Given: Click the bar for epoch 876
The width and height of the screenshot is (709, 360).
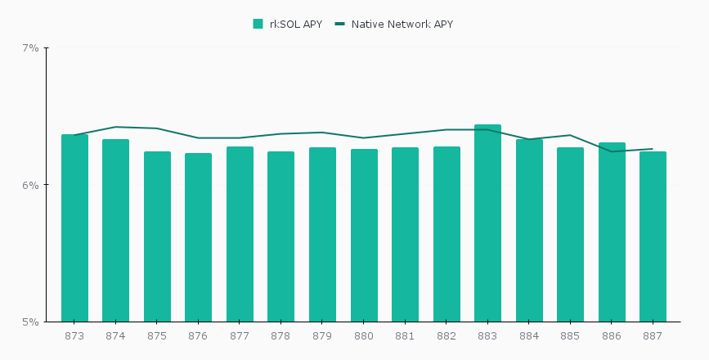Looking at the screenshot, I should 198,237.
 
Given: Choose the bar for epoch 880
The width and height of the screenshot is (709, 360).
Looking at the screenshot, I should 364,235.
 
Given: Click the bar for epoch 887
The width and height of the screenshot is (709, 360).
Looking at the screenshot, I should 653,236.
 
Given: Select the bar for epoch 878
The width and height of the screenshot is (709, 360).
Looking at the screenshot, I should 280,236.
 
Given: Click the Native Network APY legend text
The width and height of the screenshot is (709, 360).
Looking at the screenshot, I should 402,25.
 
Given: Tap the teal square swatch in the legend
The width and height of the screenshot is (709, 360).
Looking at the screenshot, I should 258,25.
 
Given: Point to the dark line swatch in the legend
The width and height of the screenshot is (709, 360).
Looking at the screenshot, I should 340,25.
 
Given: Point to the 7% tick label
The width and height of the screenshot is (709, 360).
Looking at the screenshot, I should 30,48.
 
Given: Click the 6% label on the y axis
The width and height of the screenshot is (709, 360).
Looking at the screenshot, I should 30,185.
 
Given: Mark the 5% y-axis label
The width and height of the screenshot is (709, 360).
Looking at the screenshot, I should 30,322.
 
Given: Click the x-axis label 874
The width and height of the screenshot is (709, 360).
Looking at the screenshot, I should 115,336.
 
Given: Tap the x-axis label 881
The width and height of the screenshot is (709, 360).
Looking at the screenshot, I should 405,336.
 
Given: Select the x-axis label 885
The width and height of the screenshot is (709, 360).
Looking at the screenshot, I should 570,336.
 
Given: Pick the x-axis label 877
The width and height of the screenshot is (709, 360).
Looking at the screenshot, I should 240,336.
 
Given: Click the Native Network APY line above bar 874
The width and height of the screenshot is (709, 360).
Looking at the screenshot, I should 115,127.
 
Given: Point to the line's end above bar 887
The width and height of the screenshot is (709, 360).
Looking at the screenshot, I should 652,149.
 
